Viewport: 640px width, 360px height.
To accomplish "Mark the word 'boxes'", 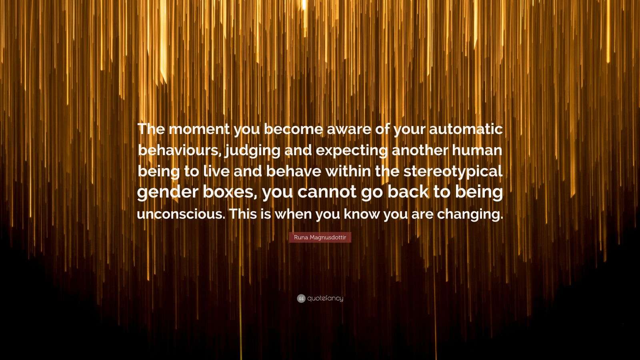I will tap(235, 192).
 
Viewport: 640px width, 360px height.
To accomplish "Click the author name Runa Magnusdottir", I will tap(320, 237).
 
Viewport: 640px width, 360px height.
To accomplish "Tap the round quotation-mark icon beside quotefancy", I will tap(301, 298).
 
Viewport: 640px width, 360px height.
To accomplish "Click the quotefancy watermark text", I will tap(325, 298).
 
